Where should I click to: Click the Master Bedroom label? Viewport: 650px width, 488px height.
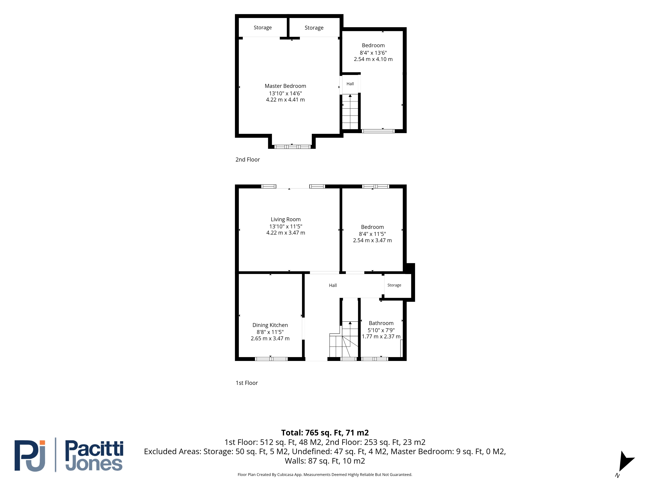(x=285, y=86)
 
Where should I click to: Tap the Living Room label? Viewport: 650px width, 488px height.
(x=286, y=219)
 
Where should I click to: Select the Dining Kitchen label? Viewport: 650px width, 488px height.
(x=270, y=325)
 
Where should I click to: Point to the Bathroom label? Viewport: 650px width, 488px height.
(x=381, y=323)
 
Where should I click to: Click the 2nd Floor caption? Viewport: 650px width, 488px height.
(x=248, y=159)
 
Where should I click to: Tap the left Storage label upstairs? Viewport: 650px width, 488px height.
(x=263, y=28)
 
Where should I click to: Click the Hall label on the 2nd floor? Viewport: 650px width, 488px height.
(x=350, y=84)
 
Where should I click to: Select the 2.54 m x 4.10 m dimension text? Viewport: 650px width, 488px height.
(x=373, y=59)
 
